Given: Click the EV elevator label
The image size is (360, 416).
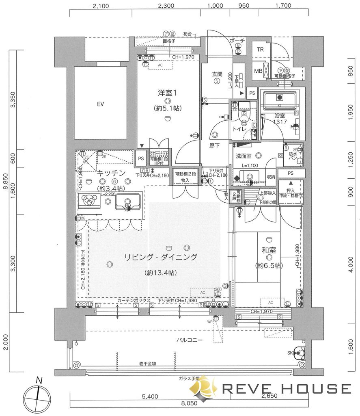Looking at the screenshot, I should pos(100,104).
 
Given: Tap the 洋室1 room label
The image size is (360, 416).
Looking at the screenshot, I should pos(168,93).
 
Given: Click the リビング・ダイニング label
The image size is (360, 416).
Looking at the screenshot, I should pos(160,257).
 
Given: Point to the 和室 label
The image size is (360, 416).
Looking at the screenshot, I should pos(268,250).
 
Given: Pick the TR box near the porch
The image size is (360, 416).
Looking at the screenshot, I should pos(260,50).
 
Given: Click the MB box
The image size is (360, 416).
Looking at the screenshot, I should pos(259,71).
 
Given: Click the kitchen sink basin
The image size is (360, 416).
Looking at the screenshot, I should pos(128,201).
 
